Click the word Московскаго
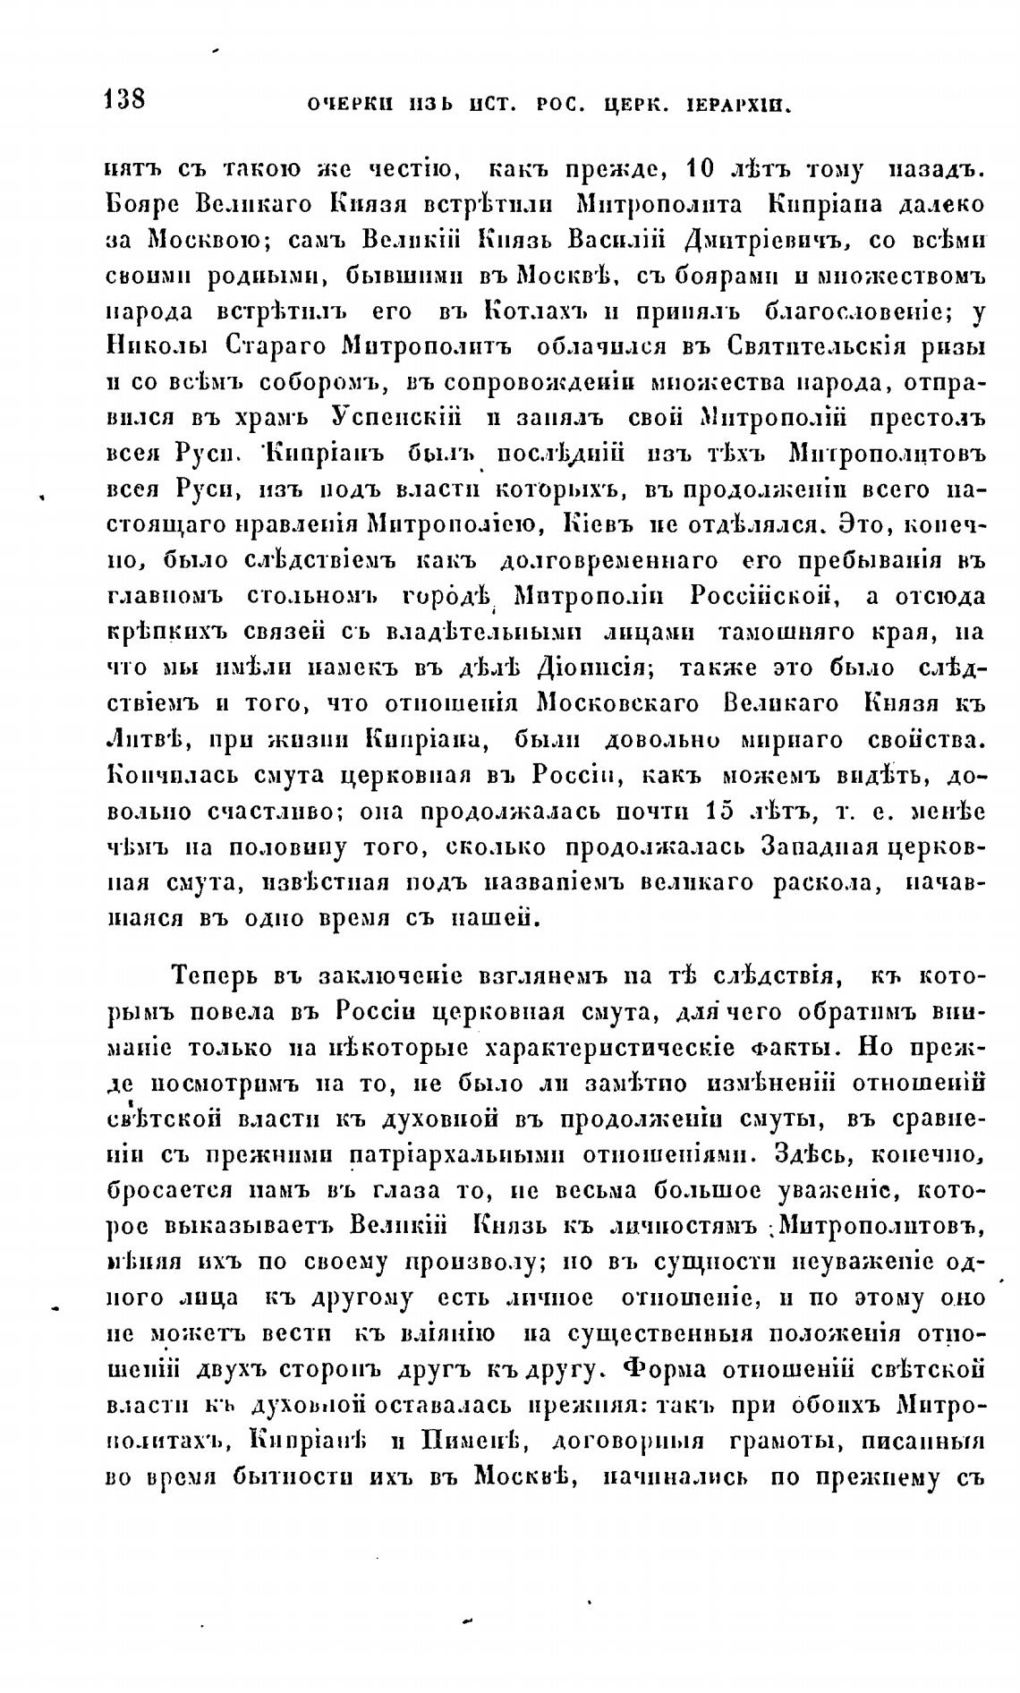623,704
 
